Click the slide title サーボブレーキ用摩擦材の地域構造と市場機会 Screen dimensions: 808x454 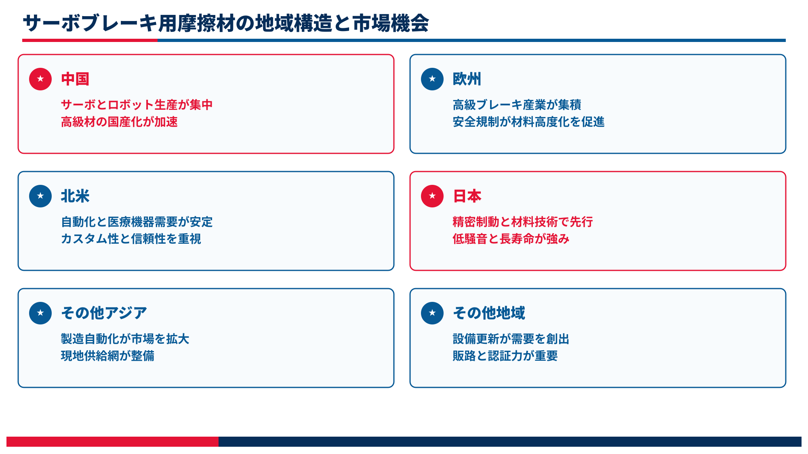pyautogui.click(x=226, y=23)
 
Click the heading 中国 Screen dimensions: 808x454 pyautogui.click(x=75, y=79)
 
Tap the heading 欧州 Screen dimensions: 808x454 pyautogui.click(x=467, y=79)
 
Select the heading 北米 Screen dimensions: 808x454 pyautogui.click(x=75, y=196)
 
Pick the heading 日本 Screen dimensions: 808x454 pyautogui.click(x=467, y=196)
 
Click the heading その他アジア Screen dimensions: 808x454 pyautogui.click(x=104, y=313)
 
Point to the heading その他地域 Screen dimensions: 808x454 pyautogui.click(x=489, y=313)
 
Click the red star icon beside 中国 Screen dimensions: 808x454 pyautogui.click(x=40, y=79)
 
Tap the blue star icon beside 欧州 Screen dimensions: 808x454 pyautogui.click(x=432, y=79)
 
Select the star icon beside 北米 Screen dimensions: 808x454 pyautogui.click(x=40, y=196)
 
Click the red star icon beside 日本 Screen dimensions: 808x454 pyautogui.click(x=432, y=196)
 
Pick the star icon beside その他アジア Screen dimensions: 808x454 pyautogui.click(x=40, y=313)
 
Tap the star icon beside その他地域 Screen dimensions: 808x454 pyautogui.click(x=432, y=313)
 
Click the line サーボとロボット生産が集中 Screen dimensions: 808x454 pyautogui.click(x=137, y=105)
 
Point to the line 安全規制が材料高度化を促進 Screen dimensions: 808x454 pyautogui.click(x=528, y=122)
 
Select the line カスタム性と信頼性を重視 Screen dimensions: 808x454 pyautogui.click(x=131, y=239)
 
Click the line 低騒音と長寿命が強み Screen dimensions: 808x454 pyautogui.click(x=511, y=239)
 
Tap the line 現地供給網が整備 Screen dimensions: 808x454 pyautogui.click(x=107, y=356)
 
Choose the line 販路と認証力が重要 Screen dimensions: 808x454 pyautogui.click(x=505, y=356)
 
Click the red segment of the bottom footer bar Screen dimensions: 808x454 pyautogui.click(x=112, y=441)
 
